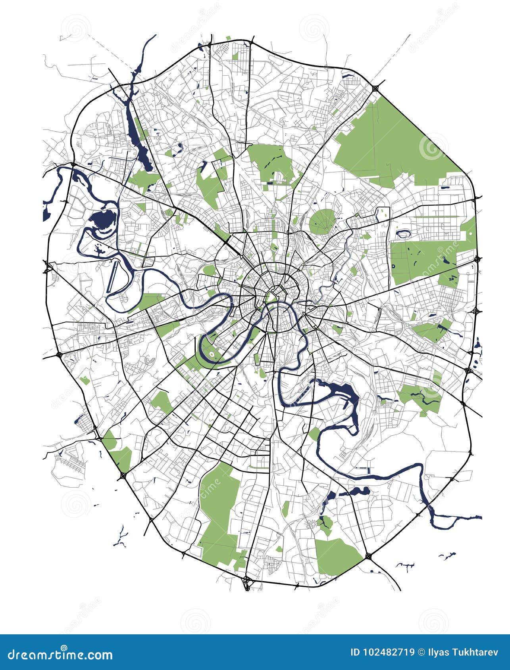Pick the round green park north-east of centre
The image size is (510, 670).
[x=322, y=220]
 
